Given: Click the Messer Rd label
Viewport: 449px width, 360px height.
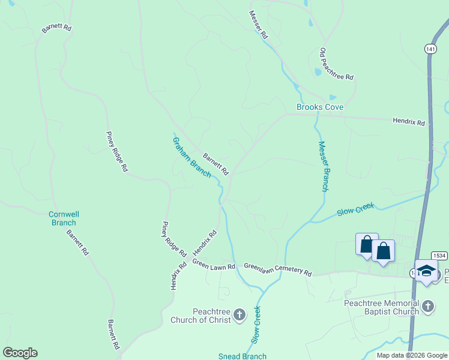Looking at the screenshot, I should click(259, 25).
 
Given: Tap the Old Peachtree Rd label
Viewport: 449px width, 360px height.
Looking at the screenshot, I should click(336, 65).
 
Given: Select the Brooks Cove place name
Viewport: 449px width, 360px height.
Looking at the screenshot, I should click(320, 107).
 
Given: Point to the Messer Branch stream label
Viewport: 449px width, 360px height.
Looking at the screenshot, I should click(323, 166).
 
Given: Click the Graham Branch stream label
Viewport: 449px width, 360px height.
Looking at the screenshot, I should click(192, 157).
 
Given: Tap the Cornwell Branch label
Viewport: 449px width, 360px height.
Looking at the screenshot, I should click(64, 218).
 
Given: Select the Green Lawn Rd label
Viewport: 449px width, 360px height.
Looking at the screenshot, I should click(214, 265).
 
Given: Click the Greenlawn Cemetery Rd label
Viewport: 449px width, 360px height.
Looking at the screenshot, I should click(277, 269).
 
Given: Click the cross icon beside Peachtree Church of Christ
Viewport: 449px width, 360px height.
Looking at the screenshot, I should click(239, 314).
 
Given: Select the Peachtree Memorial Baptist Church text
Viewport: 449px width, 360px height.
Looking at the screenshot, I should click(381, 307).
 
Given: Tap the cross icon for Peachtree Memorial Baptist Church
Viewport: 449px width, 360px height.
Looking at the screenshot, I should click(427, 307).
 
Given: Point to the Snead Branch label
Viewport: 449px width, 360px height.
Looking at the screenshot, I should click(242, 356).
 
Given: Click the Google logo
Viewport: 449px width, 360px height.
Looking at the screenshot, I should click(20, 353).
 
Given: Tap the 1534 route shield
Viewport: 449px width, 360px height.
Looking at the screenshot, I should click(439, 256).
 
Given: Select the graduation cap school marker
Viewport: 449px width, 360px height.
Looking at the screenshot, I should click(426, 271).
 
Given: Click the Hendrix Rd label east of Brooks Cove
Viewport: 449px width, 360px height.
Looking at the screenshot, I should click(409, 122).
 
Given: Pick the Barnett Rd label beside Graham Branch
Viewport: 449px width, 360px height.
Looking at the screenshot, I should click(216, 163).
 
